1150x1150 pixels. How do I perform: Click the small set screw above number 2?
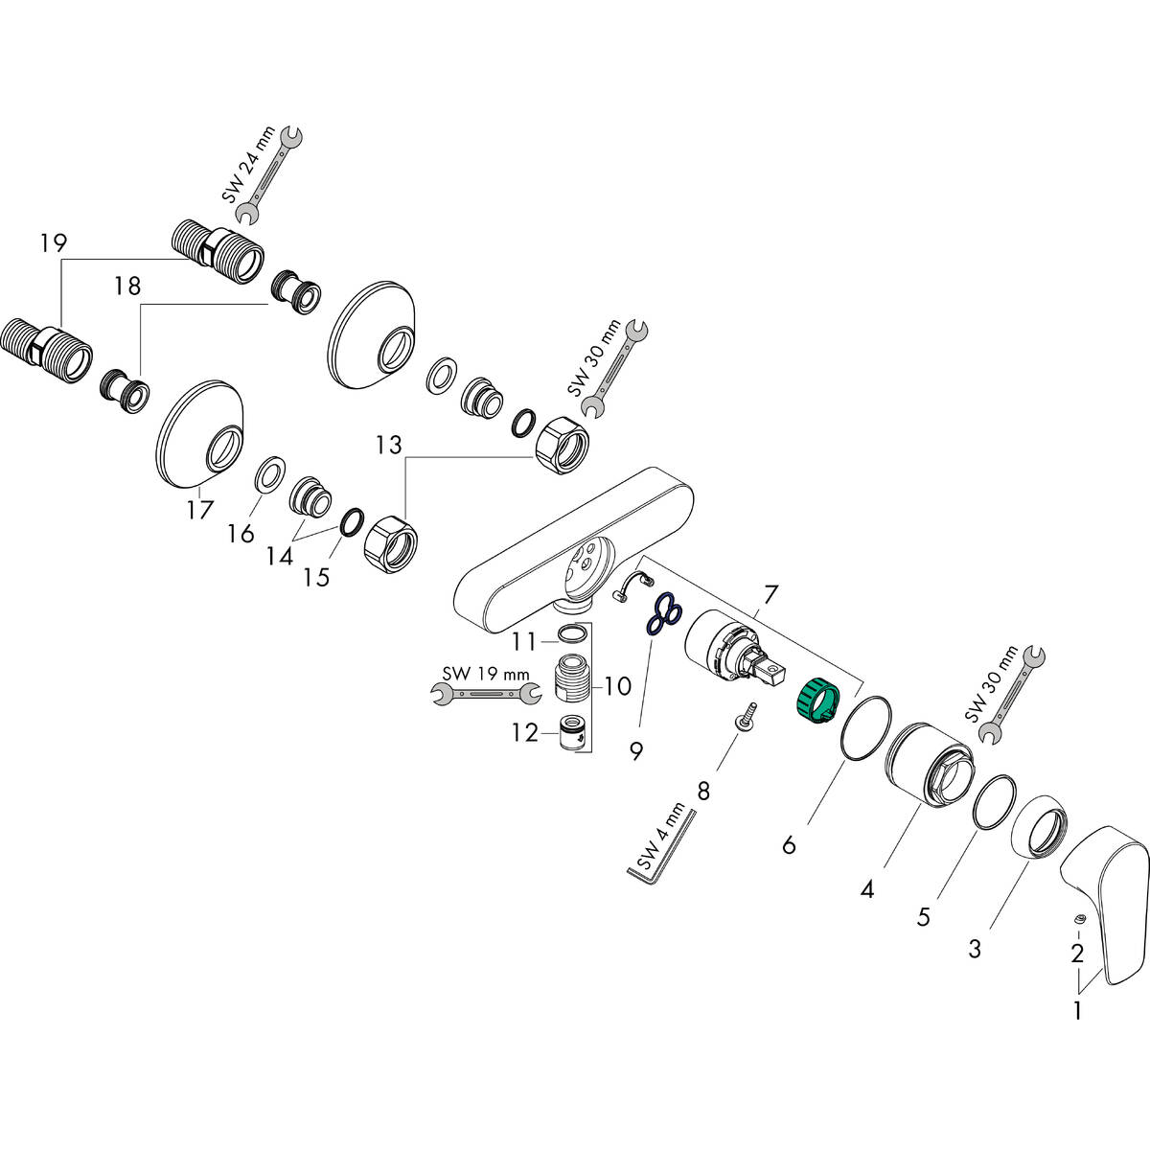1079,919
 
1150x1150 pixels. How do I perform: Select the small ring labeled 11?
571,633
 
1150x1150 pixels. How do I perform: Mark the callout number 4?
867,889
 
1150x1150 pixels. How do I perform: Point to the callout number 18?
127,286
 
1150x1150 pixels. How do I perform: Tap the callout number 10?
617,685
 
